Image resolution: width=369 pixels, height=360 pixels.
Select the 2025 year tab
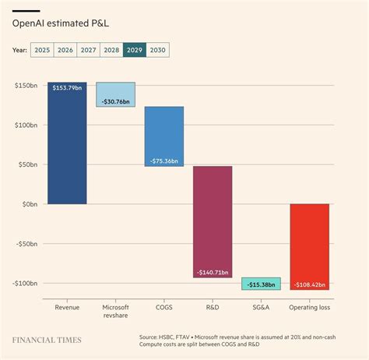pyautogui.click(x=42, y=50)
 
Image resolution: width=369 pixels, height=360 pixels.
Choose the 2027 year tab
pyautogui.click(x=88, y=50)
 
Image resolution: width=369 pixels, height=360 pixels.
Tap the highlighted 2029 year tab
pyautogui.click(x=134, y=50)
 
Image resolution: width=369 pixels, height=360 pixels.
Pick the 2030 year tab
pyautogui.click(x=157, y=50)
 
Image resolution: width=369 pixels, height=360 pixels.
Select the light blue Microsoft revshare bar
pyautogui.click(x=115, y=94)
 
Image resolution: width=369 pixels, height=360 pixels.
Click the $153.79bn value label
pyautogui.click(x=67, y=88)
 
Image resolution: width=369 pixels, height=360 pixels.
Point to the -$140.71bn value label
pyautogui.click(x=213, y=272)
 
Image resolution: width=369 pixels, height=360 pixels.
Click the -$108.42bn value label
pyautogui.click(x=309, y=284)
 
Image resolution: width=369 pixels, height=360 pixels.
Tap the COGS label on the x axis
pyautogui.click(x=163, y=307)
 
